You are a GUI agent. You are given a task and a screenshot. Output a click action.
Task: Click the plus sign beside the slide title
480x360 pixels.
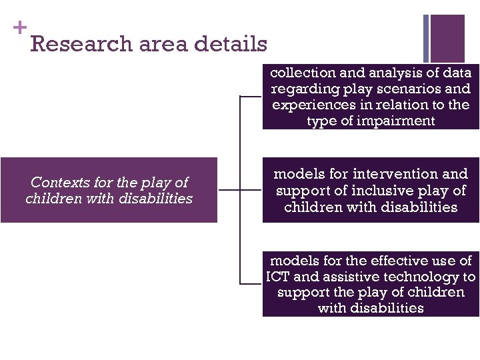point(19,27)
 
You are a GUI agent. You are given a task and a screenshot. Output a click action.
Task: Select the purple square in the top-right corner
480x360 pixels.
point(447,38)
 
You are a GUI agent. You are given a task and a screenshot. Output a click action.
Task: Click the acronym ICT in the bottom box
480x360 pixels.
point(277,277)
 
